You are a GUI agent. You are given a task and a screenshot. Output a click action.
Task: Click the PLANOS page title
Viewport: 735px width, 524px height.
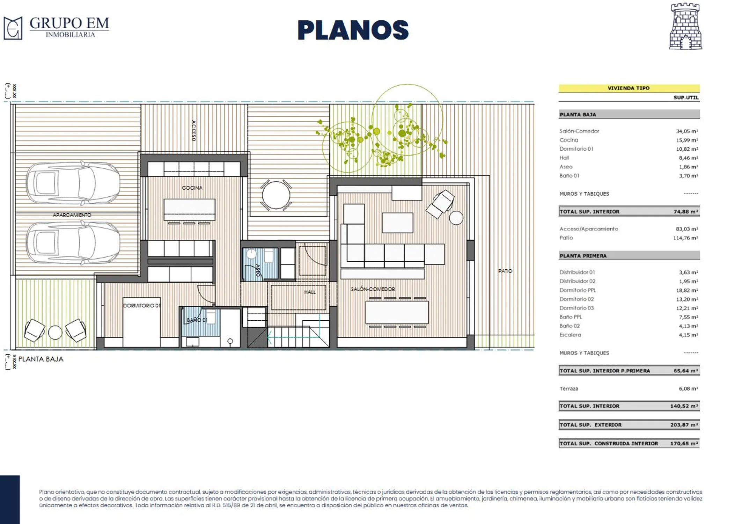[x=353, y=30]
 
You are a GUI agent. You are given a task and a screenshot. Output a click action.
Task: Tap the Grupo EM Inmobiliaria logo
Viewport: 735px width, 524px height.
[x=56, y=28]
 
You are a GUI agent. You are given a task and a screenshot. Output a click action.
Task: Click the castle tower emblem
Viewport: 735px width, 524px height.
[x=685, y=27]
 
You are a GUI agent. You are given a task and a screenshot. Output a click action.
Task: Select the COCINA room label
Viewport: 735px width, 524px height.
[x=192, y=188]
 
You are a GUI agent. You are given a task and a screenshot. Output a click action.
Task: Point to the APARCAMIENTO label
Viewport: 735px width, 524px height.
[x=72, y=215]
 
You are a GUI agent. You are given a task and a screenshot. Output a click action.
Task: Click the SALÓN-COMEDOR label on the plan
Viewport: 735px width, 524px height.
[x=373, y=289]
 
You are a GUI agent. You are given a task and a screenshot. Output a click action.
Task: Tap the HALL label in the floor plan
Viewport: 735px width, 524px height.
[x=310, y=292]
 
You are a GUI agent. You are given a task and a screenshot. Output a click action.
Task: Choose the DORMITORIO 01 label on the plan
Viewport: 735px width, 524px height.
[x=141, y=306]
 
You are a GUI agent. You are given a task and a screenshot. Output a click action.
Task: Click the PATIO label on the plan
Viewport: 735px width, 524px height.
[x=505, y=271]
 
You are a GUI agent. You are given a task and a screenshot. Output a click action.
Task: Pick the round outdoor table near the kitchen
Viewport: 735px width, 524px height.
[x=276, y=195]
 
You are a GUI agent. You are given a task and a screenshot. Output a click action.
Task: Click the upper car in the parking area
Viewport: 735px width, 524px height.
[x=73, y=183]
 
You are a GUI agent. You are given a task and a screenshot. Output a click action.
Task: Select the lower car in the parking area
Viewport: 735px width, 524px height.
[x=73, y=242]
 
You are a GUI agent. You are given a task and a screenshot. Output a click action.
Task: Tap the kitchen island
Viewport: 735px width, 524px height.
[x=189, y=210]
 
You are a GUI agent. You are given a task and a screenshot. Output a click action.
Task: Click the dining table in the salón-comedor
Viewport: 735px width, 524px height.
[x=397, y=312]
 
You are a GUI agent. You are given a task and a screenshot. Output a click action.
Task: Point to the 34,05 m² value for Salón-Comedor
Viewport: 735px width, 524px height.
[x=687, y=131]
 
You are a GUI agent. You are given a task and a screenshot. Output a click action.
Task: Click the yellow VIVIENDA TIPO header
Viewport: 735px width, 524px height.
[x=629, y=88]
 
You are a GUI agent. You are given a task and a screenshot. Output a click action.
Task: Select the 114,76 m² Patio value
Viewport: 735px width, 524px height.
[x=686, y=238]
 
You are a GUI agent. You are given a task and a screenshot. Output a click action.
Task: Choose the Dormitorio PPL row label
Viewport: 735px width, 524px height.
[x=578, y=290]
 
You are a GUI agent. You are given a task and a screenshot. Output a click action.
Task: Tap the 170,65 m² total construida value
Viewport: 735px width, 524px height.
[x=684, y=444]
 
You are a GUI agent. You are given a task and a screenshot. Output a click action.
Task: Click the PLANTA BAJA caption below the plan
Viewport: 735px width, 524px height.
[x=41, y=359]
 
